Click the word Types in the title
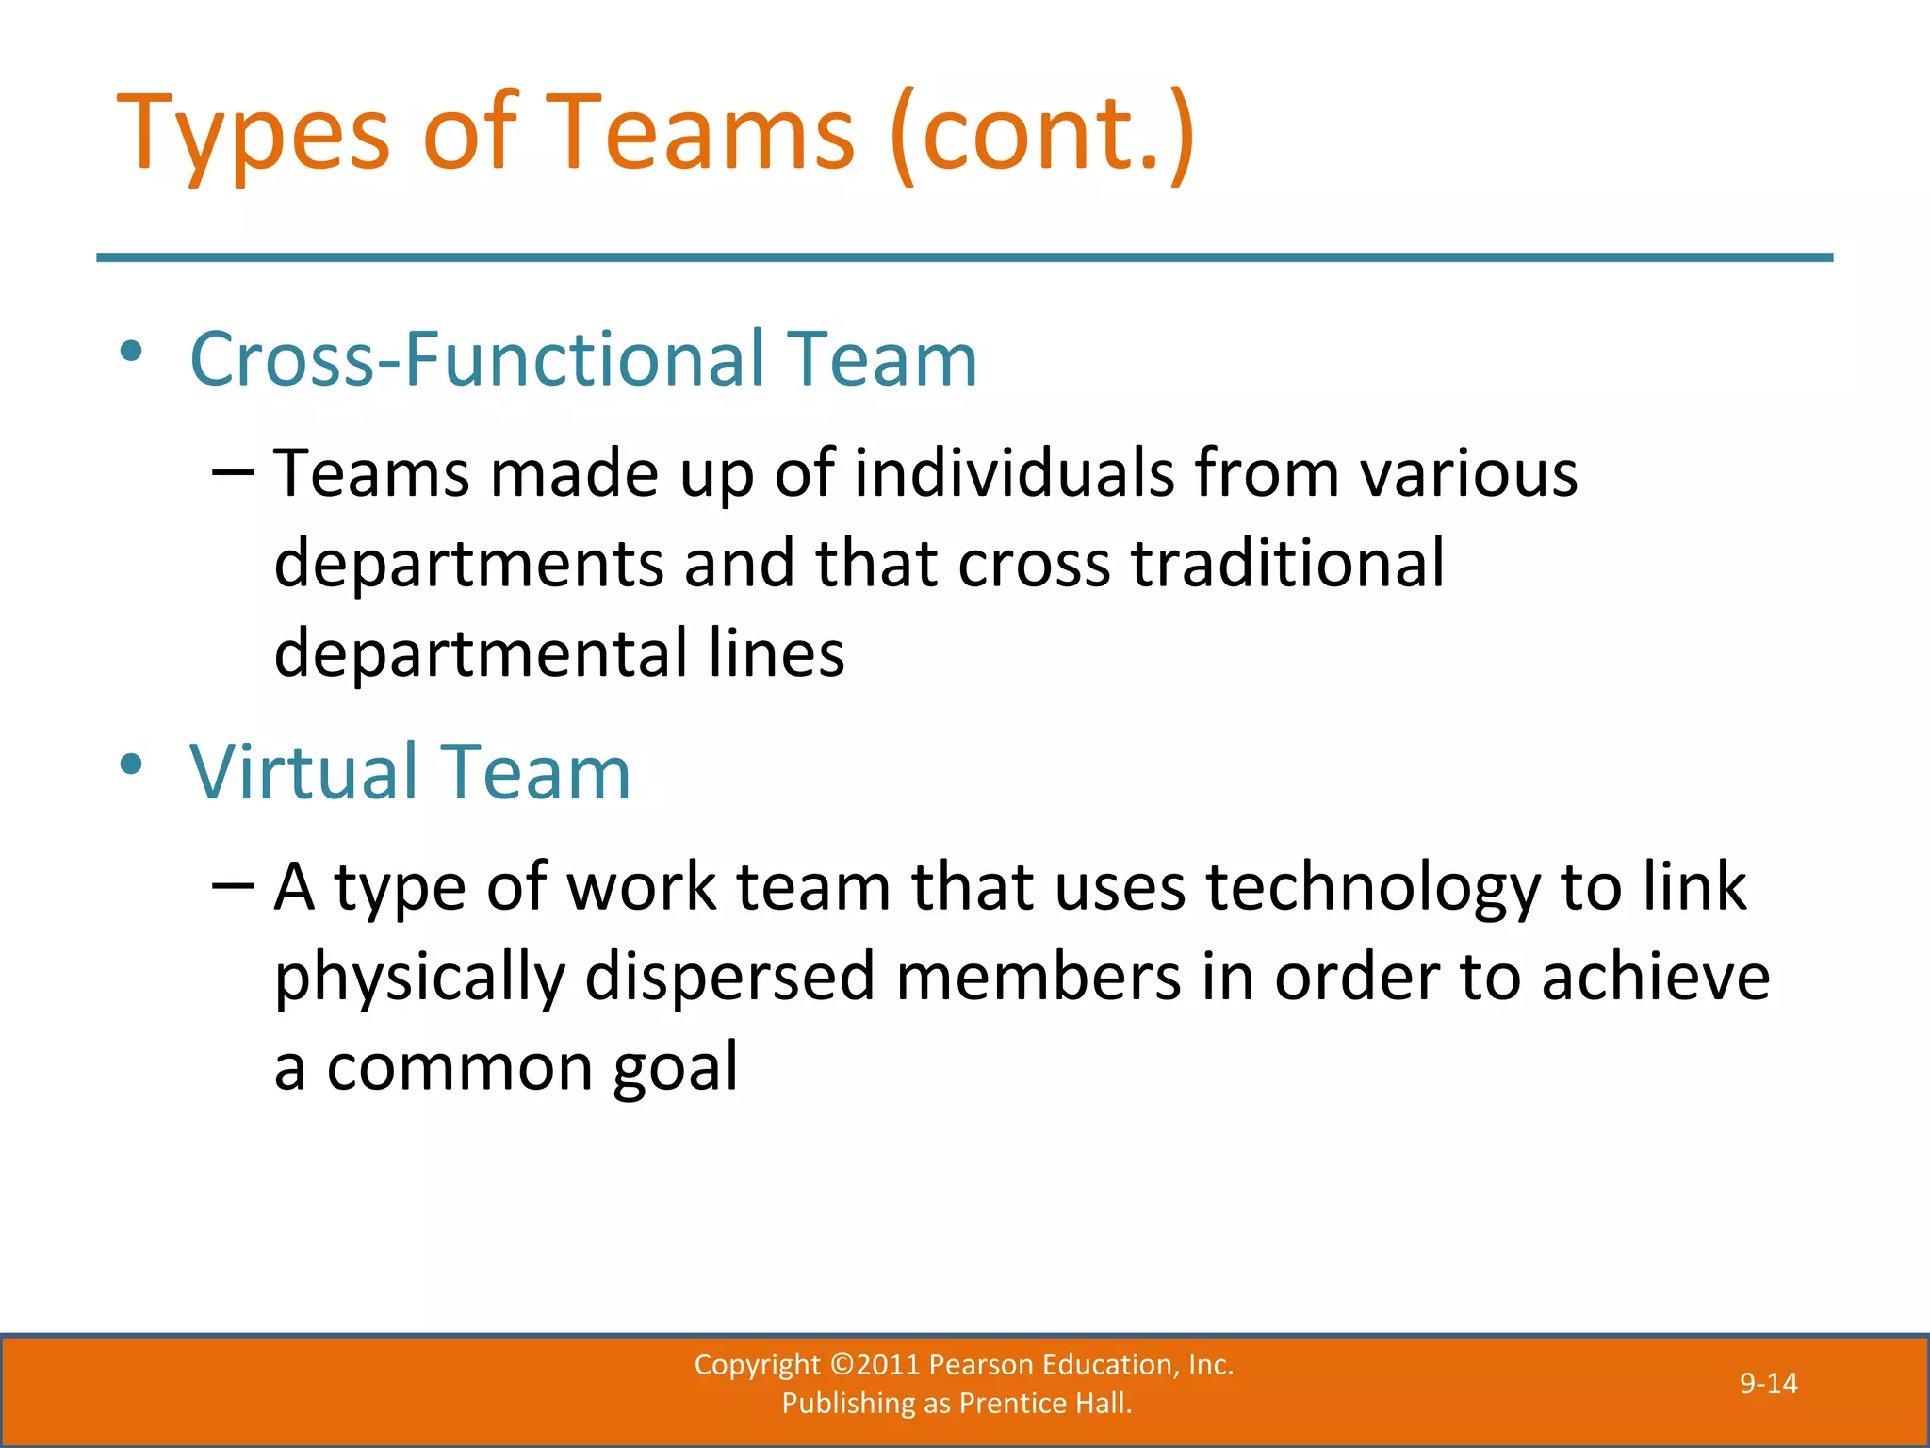[253, 134]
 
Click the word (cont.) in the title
[1042, 134]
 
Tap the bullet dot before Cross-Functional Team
[132, 352]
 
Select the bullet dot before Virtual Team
[132, 764]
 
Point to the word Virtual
[303, 772]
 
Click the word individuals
[1014, 472]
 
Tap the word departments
[468, 563]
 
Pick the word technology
[1373, 888]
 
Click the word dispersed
[730, 978]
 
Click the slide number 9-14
[1768, 1384]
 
